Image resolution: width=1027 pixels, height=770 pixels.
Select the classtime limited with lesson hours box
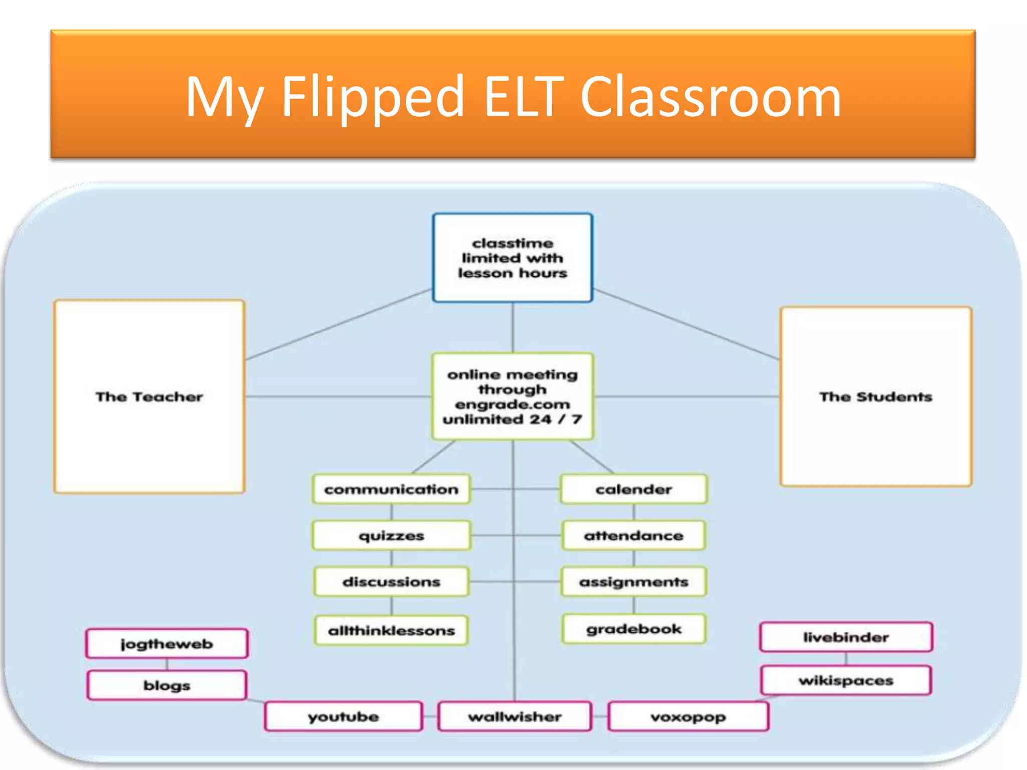(512, 258)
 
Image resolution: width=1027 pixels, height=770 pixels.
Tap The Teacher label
(149, 397)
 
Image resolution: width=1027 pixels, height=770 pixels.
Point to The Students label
(876, 397)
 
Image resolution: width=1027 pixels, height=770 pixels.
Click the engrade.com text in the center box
(512, 404)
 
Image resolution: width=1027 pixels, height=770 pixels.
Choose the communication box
(391, 489)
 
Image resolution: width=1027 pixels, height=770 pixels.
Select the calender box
(634, 489)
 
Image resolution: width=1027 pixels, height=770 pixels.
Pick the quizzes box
(391, 536)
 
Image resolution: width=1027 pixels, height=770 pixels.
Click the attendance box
(634, 536)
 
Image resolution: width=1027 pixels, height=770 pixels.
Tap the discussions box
(391, 582)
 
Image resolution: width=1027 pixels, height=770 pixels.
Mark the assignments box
(634, 582)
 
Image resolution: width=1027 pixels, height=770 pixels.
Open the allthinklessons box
(391, 631)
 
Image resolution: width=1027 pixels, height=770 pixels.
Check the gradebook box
(634, 629)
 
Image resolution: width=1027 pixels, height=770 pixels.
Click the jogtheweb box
(167, 644)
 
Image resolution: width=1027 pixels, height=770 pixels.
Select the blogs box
(167, 685)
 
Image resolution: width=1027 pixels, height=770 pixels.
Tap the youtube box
(344, 717)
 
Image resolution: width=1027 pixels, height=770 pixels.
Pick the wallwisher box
(515, 717)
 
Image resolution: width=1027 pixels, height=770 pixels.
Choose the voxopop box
(688, 717)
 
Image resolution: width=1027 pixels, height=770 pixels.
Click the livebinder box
(846, 637)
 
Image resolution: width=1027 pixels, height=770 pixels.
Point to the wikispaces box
(846, 680)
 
